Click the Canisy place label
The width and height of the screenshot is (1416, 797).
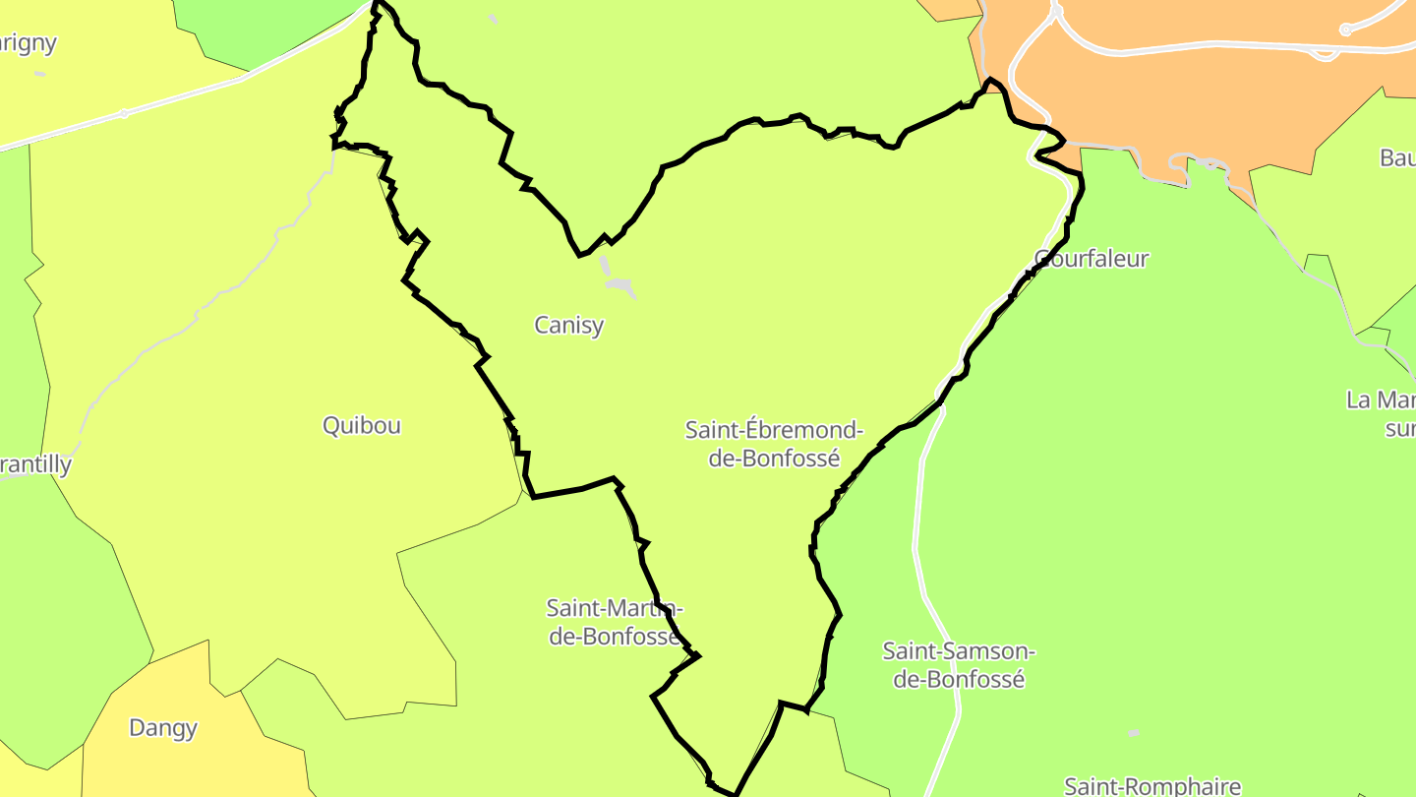tap(568, 325)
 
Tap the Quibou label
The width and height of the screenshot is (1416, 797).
tap(362, 425)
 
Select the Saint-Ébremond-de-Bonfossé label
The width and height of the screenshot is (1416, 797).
tap(774, 444)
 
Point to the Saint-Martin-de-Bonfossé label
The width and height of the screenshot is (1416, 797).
tap(614, 622)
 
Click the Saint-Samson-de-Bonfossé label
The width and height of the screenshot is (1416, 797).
tap(958, 665)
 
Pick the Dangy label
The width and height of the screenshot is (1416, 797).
tap(163, 728)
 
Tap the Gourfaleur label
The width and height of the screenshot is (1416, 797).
tap(1091, 259)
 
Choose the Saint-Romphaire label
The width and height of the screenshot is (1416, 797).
tap(1152, 785)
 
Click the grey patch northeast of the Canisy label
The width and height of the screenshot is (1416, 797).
tap(619, 285)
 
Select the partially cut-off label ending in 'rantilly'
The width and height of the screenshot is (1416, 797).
tap(35, 464)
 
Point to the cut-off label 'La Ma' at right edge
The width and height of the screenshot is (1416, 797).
tap(1382, 400)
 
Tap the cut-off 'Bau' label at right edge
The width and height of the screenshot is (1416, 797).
tap(1397, 157)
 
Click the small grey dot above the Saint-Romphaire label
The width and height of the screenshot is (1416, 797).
tap(1134, 733)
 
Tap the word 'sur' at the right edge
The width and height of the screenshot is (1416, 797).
tap(1399, 428)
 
